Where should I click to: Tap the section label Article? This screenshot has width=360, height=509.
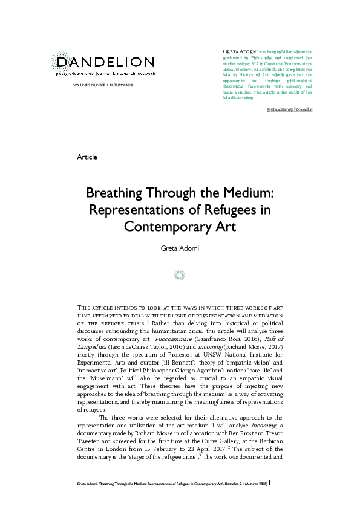(87, 157)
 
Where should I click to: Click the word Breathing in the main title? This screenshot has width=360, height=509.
(115, 194)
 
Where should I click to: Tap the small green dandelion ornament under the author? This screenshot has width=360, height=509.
(180, 275)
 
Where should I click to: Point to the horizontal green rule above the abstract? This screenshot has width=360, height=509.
(180, 293)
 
